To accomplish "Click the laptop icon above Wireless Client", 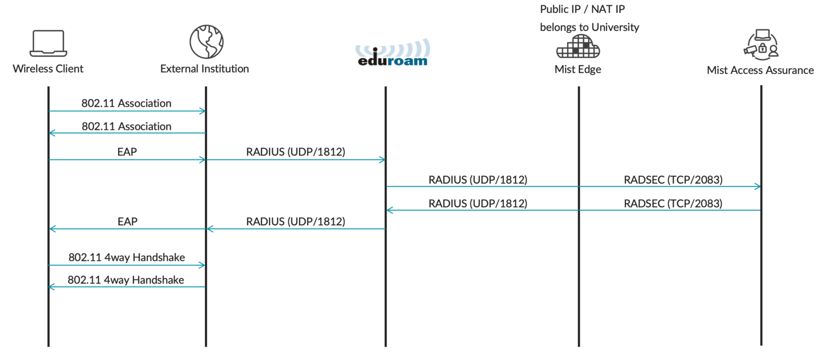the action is (48, 44).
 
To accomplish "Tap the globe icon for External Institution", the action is (206, 42).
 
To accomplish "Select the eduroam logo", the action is (392, 53).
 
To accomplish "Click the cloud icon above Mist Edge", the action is (578, 46).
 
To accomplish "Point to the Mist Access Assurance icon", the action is (762, 45).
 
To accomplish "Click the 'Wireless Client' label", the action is (48, 69).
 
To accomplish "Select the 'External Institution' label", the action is (204, 69).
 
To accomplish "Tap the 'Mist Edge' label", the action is (578, 69).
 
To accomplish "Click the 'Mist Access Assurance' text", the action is (760, 70).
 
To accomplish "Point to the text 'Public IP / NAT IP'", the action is (583, 9).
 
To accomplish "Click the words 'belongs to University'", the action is (590, 27).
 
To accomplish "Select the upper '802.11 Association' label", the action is (126, 103).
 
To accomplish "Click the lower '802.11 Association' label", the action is (126, 126).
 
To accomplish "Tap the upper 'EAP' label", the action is (127, 152).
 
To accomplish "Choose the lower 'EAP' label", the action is (127, 222).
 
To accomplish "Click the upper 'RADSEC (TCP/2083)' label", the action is (673, 179).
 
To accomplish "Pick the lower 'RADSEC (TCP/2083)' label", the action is (673, 203).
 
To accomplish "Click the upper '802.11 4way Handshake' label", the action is (127, 257).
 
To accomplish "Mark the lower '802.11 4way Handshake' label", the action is (126, 280).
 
